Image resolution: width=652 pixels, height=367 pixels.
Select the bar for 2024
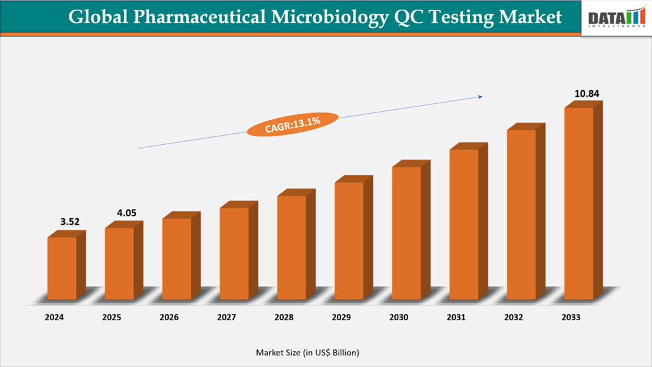[62, 268]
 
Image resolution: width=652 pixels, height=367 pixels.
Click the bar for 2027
[234, 253]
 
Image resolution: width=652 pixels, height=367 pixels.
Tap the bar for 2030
[406, 233]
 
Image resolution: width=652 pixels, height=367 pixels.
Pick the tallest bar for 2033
[579, 203]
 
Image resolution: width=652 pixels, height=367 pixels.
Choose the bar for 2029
[349, 240]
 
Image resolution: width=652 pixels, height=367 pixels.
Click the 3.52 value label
[69, 221]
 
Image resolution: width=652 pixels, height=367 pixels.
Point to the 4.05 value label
[127, 212]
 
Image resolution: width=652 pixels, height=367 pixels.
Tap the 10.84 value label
[586, 94]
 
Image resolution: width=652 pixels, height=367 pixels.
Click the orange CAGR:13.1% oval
[293, 123]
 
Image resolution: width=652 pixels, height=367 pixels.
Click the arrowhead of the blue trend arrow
[480, 97]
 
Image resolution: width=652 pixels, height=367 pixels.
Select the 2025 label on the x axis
[112, 318]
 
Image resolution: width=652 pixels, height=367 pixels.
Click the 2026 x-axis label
[169, 318]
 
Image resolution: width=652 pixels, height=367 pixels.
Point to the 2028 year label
[284, 318]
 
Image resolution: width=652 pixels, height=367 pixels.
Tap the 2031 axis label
[456, 318]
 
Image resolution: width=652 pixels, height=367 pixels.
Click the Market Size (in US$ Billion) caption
[307, 353]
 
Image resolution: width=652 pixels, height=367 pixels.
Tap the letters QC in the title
[409, 18]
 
